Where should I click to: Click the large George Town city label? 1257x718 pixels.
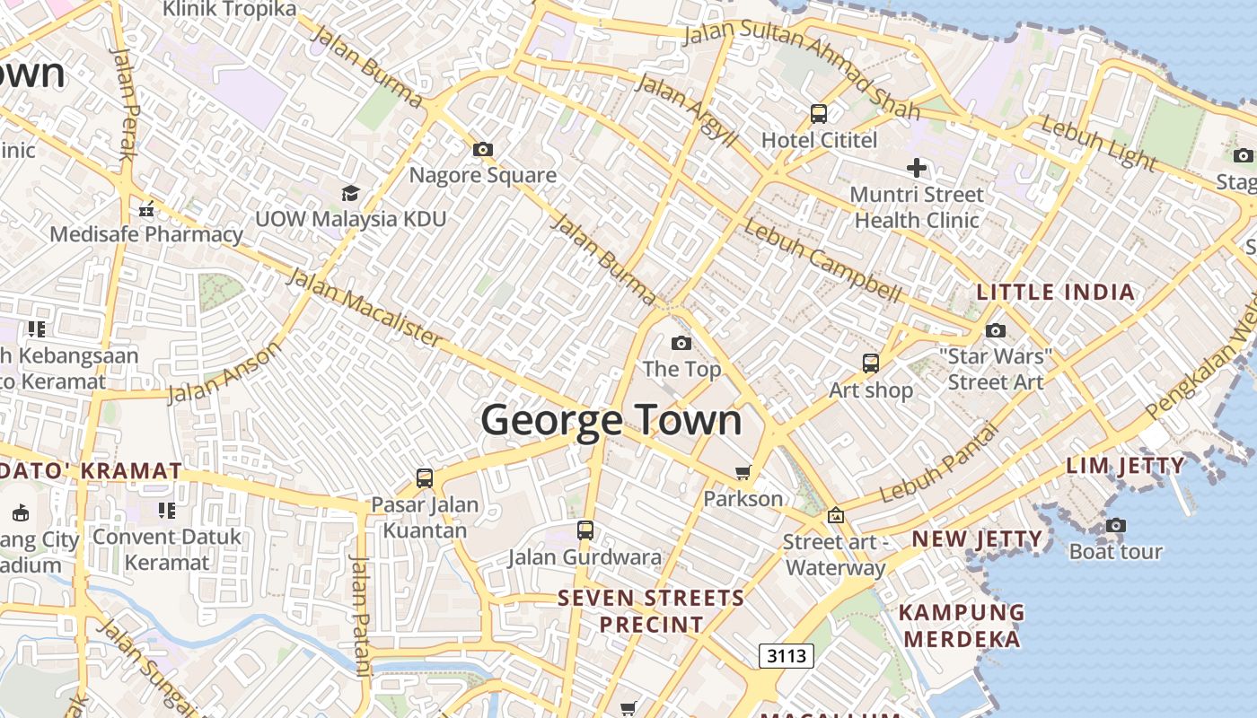click(x=611, y=420)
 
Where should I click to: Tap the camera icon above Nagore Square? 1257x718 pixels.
click(x=483, y=149)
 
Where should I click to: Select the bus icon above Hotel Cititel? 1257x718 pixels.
click(x=818, y=114)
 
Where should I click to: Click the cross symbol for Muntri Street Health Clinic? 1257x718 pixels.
click(x=916, y=168)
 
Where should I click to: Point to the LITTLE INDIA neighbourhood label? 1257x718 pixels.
click(x=1055, y=293)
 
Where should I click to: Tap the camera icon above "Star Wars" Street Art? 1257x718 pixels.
click(x=995, y=330)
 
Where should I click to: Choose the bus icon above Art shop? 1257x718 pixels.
click(x=870, y=363)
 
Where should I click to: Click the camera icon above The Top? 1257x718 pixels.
click(x=681, y=343)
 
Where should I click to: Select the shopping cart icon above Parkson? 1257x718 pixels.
click(x=743, y=472)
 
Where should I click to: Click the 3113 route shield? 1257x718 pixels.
click(x=786, y=656)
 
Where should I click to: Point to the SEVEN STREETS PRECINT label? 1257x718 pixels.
click(x=651, y=610)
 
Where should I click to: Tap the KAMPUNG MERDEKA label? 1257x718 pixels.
click(x=962, y=626)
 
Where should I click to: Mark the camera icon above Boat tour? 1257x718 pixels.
click(x=1115, y=525)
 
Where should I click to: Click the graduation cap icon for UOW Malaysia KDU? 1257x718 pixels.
click(x=350, y=193)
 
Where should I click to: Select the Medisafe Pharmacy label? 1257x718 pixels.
click(x=146, y=234)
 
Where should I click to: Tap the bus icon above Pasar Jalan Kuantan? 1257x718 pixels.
click(x=425, y=478)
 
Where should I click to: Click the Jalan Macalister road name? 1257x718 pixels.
click(x=364, y=307)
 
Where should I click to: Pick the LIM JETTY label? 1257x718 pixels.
click(x=1125, y=466)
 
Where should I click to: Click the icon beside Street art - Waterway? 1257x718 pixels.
click(x=836, y=515)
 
